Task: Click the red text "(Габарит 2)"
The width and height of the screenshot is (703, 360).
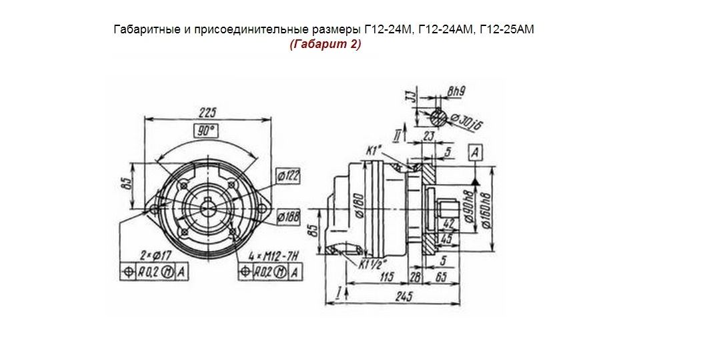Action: tap(325, 45)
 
